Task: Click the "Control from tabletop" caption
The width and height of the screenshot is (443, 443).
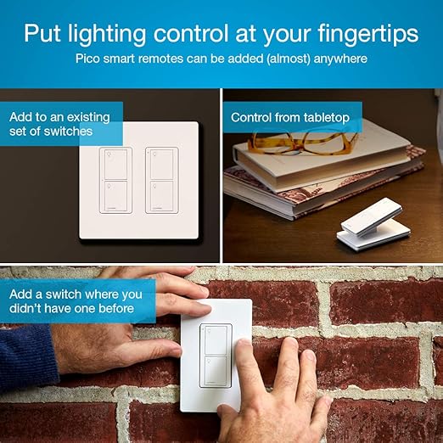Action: (290, 117)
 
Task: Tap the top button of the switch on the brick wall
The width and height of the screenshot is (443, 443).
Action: (215, 339)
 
